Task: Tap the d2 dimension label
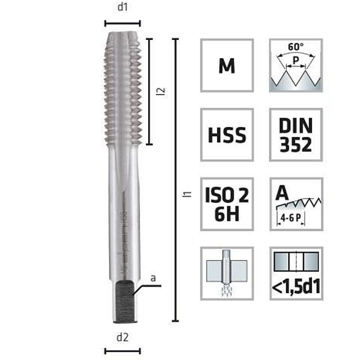click(x=122, y=337)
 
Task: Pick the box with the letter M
click(x=227, y=66)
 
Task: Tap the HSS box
click(x=227, y=135)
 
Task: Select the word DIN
click(x=295, y=125)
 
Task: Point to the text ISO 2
click(x=226, y=195)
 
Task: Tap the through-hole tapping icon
click(x=226, y=273)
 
